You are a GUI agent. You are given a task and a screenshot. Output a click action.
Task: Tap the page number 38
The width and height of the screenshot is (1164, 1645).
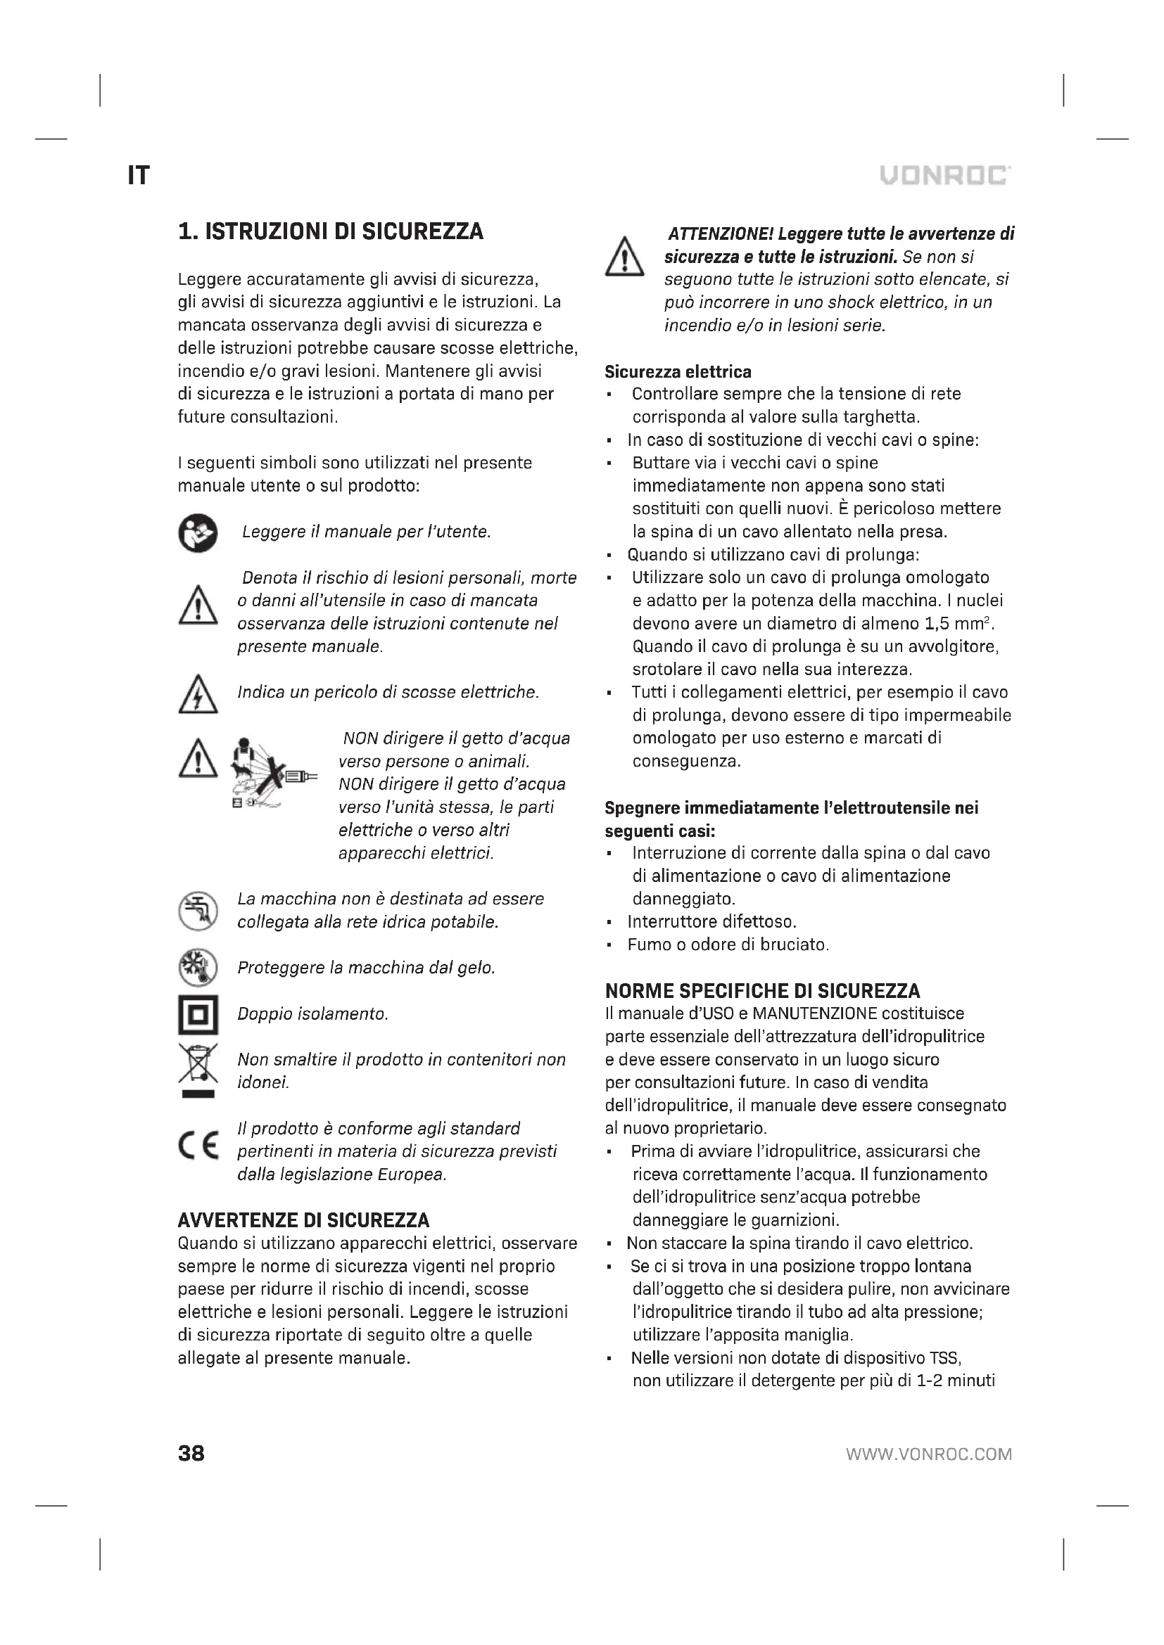point(191,1453)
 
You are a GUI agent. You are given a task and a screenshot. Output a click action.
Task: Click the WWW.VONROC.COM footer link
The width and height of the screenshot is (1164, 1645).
point(929,1454)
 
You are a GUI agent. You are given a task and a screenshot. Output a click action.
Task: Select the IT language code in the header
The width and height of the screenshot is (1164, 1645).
point(139,176)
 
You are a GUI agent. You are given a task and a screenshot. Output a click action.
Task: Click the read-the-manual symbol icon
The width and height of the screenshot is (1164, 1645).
point(198,533)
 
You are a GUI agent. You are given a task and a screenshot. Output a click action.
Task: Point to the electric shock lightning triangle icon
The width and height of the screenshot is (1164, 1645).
point(198,695)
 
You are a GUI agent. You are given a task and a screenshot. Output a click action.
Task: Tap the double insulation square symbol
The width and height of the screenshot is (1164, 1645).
point(198,1015)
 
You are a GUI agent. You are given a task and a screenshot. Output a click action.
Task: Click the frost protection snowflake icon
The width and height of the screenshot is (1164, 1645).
point(198,967)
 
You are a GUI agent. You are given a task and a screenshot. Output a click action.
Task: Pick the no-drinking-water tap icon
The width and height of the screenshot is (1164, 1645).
point(198,911)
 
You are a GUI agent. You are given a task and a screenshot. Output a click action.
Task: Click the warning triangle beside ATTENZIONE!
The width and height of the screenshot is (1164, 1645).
point(624,257)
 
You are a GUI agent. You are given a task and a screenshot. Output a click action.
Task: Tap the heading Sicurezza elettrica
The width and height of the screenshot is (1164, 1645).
point(678,372)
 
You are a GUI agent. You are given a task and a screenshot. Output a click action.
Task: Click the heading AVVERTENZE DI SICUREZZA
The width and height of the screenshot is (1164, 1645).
point(304,1220)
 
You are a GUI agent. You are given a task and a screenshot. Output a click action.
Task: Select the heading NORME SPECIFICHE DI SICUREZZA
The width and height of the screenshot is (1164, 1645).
point(763,991)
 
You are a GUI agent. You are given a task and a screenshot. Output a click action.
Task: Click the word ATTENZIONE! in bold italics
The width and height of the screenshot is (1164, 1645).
point(721,233)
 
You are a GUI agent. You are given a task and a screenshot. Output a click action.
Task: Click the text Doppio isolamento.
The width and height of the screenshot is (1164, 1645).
point(312,1014)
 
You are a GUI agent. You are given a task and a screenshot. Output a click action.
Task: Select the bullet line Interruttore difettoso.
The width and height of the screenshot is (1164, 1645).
point(711,921)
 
